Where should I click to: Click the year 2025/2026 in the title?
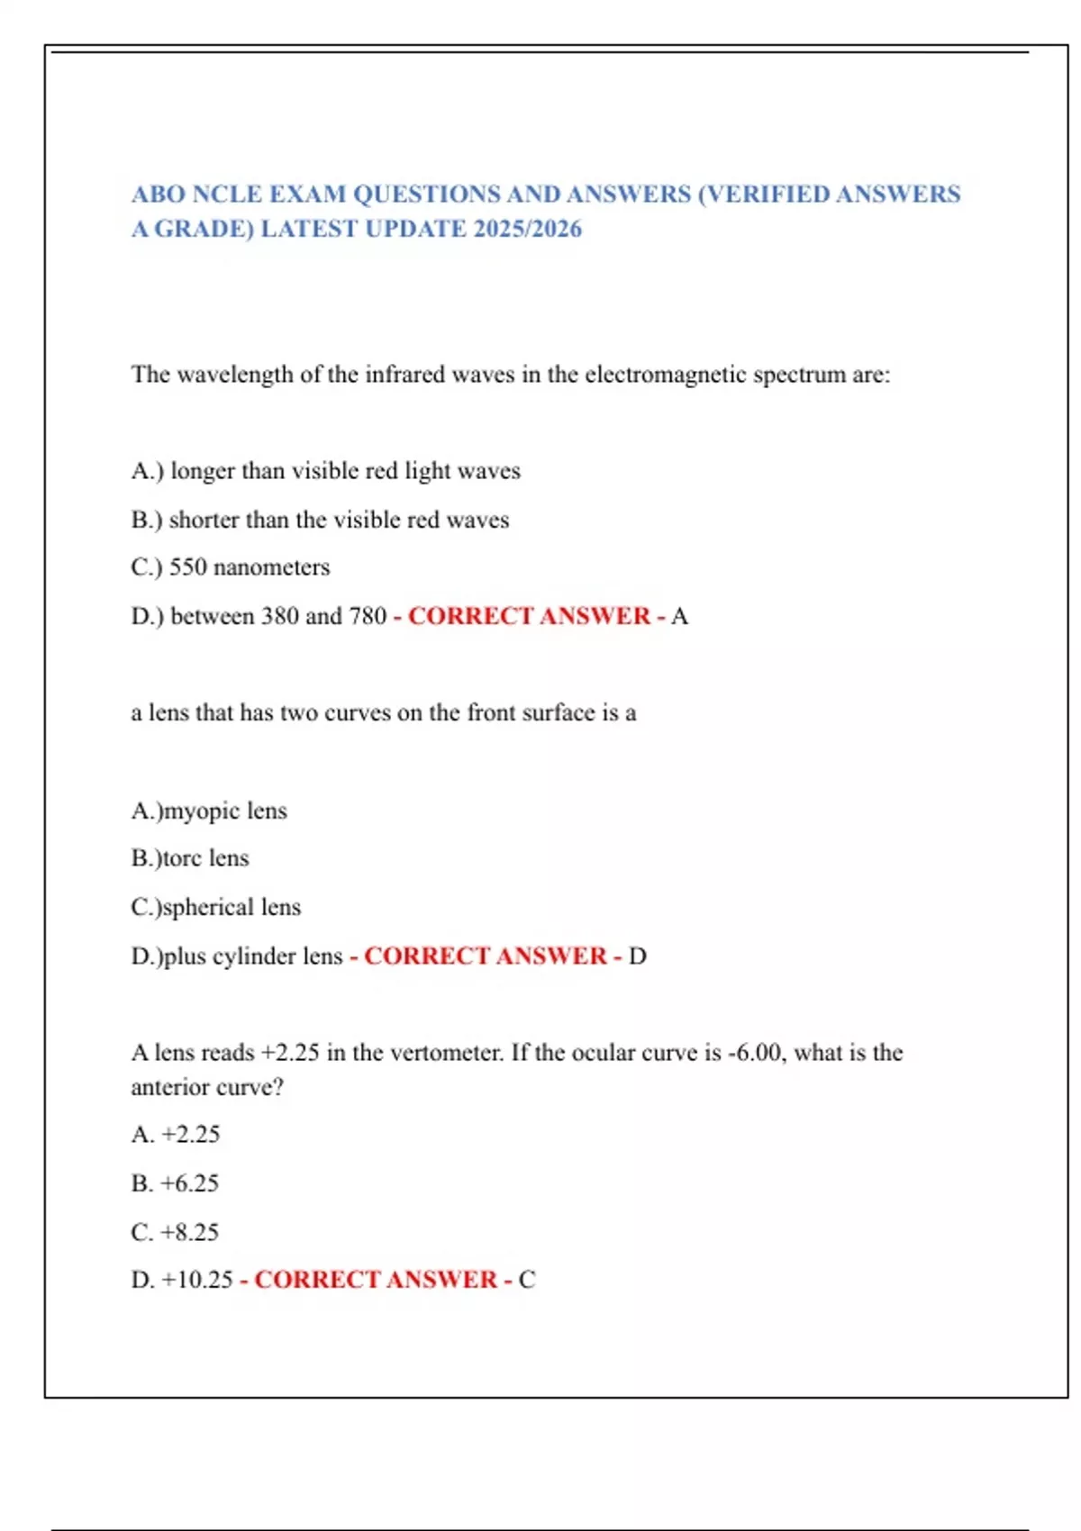pyautogui.click(x=527, y=229)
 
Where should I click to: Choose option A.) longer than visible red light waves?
pyautogui.click(x=325, y=471)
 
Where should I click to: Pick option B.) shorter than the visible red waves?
pyautogui.click(x=320, y=520)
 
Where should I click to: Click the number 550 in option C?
pyautogui.click(x=187, y=567)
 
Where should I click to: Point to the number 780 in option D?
pyautogui.click(x=368, y=616)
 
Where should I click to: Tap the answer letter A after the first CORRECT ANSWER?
pyautogui.click(x=679, y=616)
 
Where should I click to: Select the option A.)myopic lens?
pyautogui.click(x=209, y=811)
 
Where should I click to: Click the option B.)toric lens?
pyautogui.click(x=189, y=858)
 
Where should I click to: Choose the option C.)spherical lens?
pyautogui.click(x=216, y=907)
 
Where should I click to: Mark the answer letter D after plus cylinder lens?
pyautogui.click(x=637, y=956)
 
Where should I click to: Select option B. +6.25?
pyautogui.click(x=175, y=1183)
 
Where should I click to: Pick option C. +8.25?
pyautogui.click(x=175, y=1232)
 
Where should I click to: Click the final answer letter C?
pyautogui.click(x=527, y=1280)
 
